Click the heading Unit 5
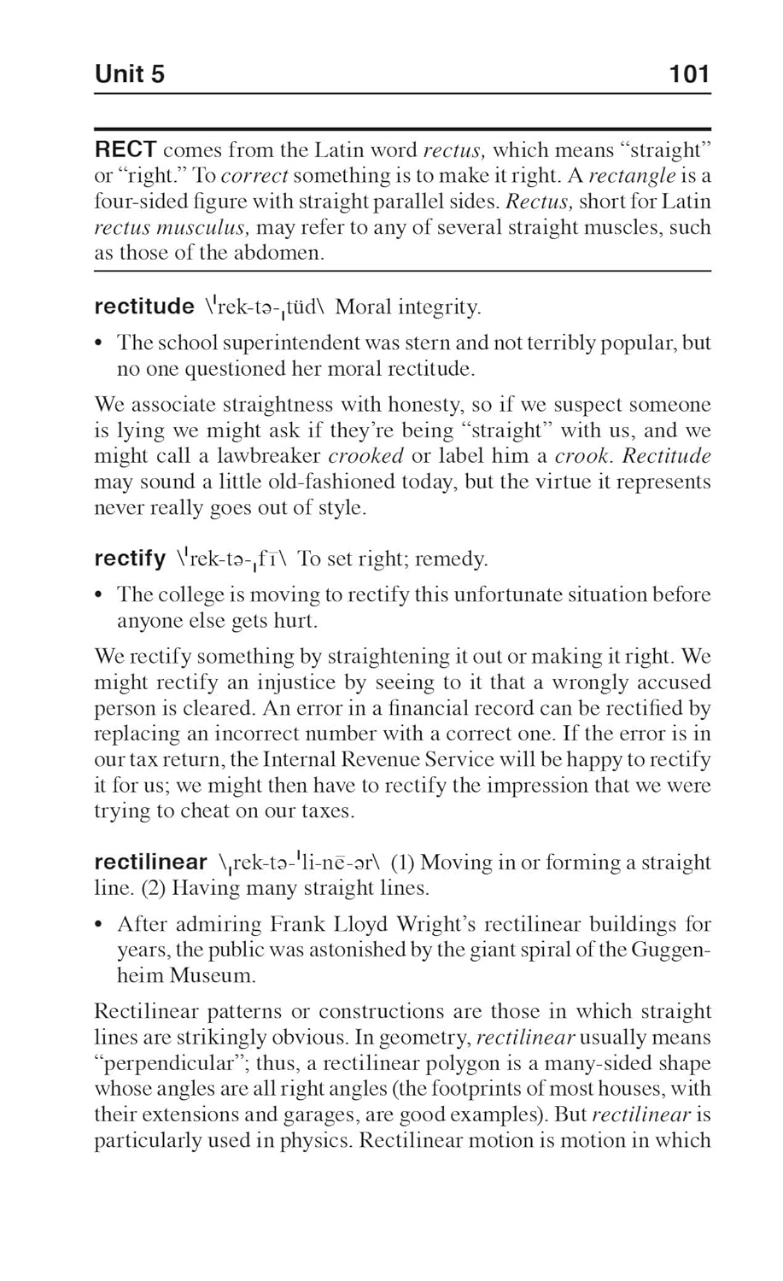[x=129, y=74]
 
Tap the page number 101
[x=690, y=74]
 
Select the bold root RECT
[x=126, y=149]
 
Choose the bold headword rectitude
[x=144, y=307]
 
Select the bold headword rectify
[x=130, y=559]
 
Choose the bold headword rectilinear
[x=150, y=863]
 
